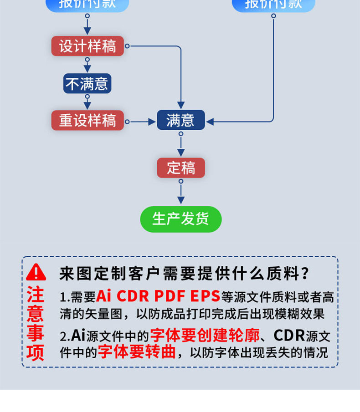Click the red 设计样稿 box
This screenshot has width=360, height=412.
pos(87,46)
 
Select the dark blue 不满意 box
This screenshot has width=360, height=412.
pos(87,83)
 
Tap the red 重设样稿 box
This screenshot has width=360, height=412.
pos(87,121)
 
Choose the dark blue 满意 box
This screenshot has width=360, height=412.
pos(180,120)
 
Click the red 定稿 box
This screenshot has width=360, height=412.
pos(181,168)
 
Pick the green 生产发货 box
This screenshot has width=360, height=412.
pos(180,219)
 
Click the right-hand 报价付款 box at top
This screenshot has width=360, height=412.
pos(273,5)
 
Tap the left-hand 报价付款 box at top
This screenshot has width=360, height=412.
pos(87,5)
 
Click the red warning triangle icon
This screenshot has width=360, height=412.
pos(36,272)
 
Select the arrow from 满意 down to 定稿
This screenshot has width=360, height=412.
pos(181,145)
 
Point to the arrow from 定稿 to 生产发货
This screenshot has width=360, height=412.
pos(181,193)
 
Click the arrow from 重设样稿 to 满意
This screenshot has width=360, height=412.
pos(141,122)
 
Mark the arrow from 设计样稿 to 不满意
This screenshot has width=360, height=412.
pos(87,64)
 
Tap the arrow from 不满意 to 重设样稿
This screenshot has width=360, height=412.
pos(87,102)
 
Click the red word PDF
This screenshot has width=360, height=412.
pos(169,296)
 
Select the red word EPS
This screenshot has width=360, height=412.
pos(205,296)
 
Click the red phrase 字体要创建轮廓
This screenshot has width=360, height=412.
pos(205,336)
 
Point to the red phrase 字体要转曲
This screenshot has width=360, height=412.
pos(137,352)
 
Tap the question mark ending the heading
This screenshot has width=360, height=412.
pos(306,274)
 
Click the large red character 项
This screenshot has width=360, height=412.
pos(35,353)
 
